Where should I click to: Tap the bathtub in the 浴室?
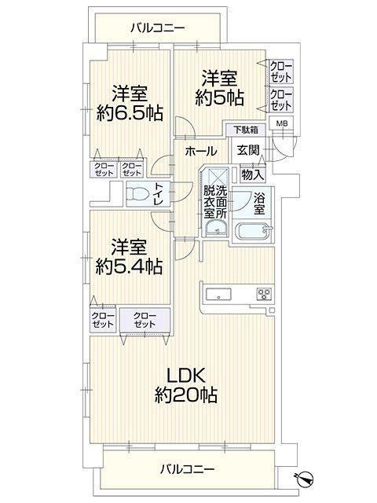(x=254, y=230)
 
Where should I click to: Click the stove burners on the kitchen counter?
(x=265, y=294)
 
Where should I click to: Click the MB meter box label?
(x=281, y=123)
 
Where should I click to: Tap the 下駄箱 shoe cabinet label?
(x=245, y=130)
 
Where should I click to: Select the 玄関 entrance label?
(x=247, y=150)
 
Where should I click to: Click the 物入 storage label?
(x=252, y=174)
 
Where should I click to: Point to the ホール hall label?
(x=201, y=151)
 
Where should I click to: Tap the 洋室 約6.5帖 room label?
(x=130, y=103)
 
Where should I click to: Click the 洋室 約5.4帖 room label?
(x=129, y=256)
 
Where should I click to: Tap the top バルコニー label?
(x=157, y=28)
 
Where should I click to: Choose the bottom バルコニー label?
(x=187, y=470)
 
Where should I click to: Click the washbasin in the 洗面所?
(x=217, y=229)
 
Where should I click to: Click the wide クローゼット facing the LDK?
(x=145, y=320)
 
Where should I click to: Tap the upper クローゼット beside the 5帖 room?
(x=281, y=72)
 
